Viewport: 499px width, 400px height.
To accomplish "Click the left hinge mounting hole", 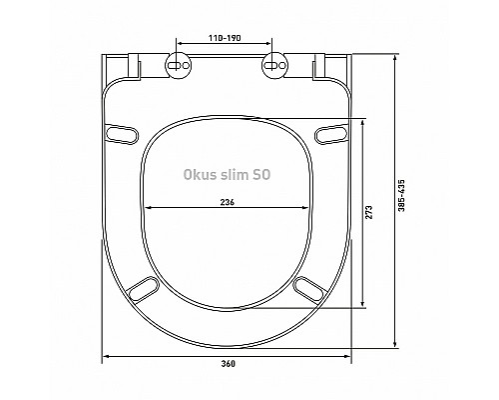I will point(179,67).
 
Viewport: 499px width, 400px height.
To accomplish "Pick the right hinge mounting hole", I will point(271,67).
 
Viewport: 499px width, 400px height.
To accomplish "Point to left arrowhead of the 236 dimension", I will point(150,207).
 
